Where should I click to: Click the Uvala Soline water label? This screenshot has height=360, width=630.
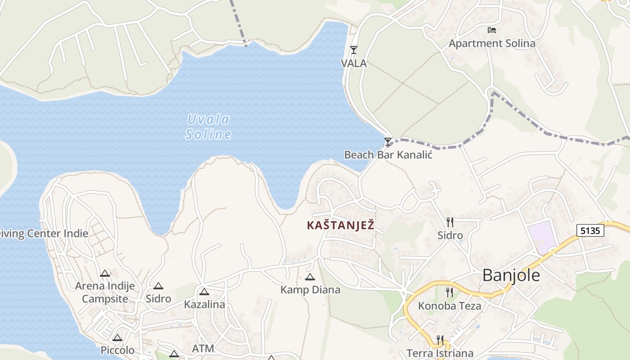point(208,127)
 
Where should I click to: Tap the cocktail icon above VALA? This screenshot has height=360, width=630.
point(354,50)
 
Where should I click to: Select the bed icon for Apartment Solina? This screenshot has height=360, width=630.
point(492,30)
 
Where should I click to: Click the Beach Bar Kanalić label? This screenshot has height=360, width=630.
point(388,155)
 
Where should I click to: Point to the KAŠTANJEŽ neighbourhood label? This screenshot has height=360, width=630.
point(340,225)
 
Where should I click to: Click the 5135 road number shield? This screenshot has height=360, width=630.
point(590,231)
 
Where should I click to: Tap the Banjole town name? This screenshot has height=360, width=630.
point(511,275)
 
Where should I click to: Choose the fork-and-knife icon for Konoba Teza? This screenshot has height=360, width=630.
point(449,292)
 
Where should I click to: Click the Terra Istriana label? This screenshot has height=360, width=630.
point(440,353)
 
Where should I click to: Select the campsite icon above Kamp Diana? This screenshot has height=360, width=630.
point(310,277)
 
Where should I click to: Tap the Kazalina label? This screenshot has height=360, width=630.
point(204,305)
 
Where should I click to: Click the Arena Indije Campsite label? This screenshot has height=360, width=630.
point(105,292)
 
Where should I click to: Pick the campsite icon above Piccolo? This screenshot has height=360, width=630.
point(117,338)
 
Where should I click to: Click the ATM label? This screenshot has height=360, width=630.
point(203,348)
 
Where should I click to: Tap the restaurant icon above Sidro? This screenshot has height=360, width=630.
point(450,222)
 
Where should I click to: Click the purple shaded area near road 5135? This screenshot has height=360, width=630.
point(542,236)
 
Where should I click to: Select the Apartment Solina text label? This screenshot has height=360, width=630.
point(492,44)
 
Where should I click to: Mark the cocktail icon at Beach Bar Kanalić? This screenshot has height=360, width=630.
point(387,142)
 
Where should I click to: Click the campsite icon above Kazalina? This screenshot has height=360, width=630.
point(204,292)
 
